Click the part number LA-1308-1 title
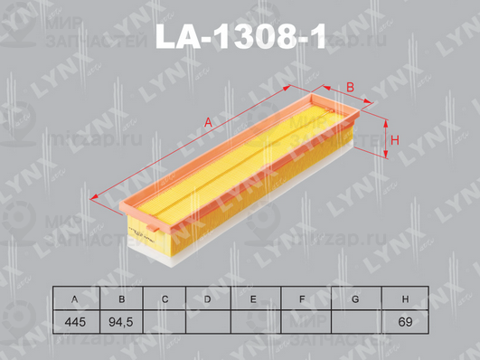[x=240, y=35]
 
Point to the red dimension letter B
[x=350, y=87]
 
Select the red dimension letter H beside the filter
[x=394, y=138]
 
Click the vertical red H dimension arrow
[x=384, y=138]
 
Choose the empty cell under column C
[x=165, y=321]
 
